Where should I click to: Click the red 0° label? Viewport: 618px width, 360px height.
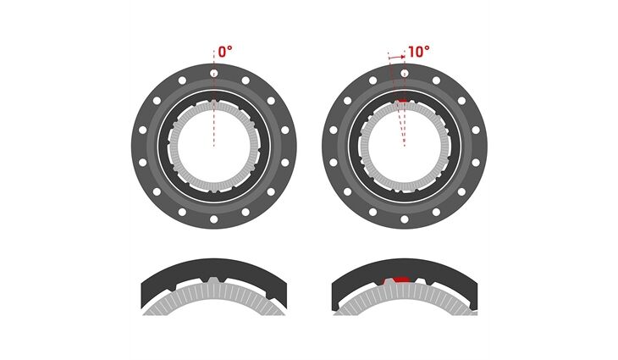click(x=225, y=52)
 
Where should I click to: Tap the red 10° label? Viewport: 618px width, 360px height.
click(x=418, y=52)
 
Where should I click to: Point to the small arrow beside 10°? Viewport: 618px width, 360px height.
click(x=396, y=57)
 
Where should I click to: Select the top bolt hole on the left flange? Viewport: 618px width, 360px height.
click(x=214, y=73)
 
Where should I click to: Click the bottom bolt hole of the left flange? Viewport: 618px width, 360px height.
click(x=214, y=219)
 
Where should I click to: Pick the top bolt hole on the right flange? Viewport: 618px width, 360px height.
click(x=405, y=73)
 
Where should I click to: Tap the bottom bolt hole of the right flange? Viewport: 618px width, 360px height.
click(x=405, y=219)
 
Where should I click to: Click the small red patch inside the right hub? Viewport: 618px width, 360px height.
click(x=402, y=101)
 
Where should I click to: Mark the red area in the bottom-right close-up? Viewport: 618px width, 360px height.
click(x=398, y=280)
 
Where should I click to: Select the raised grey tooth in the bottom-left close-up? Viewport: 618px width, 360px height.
click(x=213, y=281)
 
